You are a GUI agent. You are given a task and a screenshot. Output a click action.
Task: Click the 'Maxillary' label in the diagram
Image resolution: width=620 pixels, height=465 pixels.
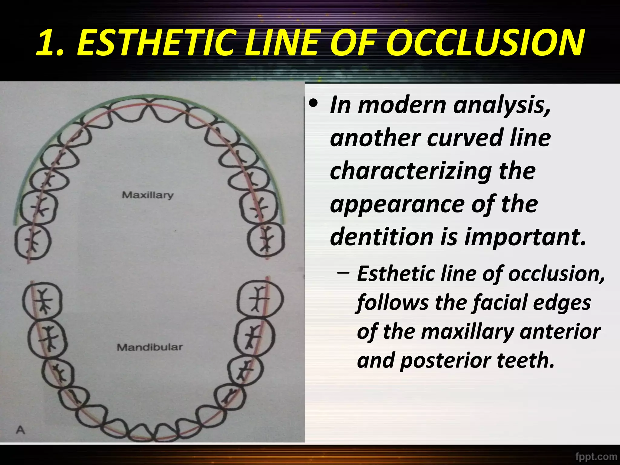(x=148, y=195)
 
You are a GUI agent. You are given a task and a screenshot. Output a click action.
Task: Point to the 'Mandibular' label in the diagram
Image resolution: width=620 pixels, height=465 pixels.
(x=150, y=347)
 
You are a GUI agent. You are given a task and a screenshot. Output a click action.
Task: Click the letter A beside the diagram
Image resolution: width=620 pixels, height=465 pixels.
(x=20, y=430)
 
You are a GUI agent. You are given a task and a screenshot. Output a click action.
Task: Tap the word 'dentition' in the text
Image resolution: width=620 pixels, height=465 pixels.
(x=382, y=236)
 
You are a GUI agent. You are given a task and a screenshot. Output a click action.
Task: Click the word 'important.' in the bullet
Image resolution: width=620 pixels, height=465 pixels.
(x=525, y=236)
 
